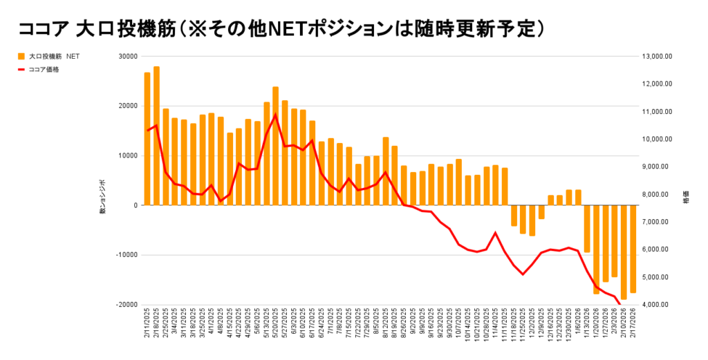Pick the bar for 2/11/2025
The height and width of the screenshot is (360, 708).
click(x=147, y=139)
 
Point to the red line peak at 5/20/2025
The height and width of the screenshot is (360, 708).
click(x=276, y=115)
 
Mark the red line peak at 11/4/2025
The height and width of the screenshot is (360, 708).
click(x=496, y=233)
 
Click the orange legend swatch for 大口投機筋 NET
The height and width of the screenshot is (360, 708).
click(x=21, y=56)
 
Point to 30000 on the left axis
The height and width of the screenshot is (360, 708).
click(x=127, y=56)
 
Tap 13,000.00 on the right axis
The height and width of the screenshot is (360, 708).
click(x=658, y=56)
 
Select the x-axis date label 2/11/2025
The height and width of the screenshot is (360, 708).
click(x=147, y=325)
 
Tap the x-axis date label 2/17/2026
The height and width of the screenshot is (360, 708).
click(x=633, y=325)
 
